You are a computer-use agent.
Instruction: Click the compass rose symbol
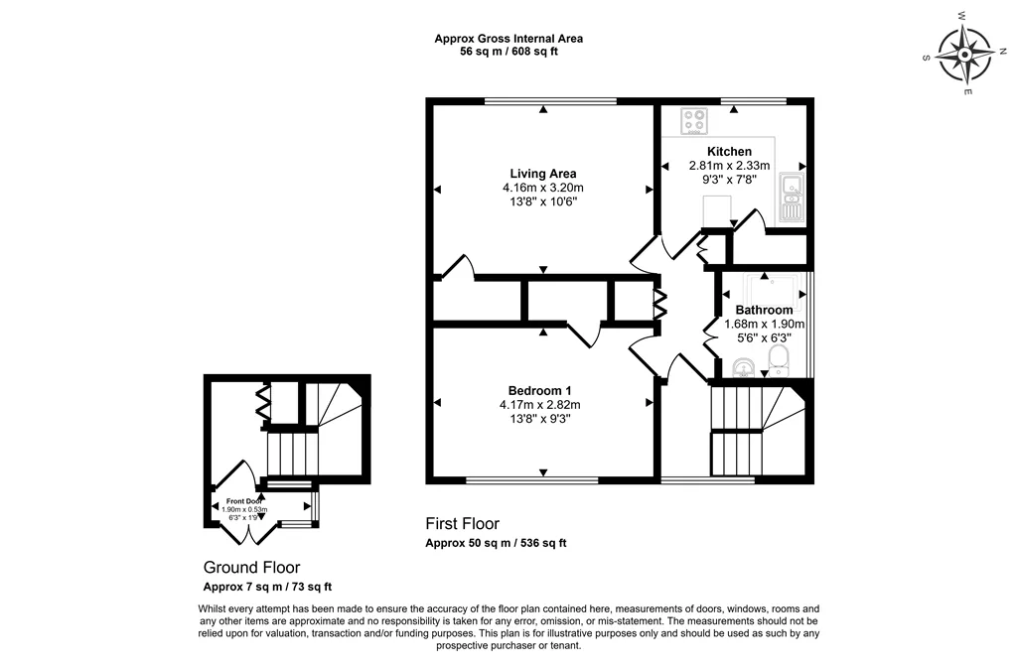[965, 55]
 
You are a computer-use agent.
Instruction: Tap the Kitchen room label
[729, 152]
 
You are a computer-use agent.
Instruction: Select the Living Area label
[543, 174]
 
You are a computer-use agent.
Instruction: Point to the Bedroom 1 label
[539, 391]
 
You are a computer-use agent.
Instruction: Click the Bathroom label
[764, 310]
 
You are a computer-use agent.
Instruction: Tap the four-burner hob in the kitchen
[694, 121]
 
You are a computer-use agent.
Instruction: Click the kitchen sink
[792, 198]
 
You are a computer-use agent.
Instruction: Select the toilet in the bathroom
[779, 361]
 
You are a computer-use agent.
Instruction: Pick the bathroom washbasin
[743, 367]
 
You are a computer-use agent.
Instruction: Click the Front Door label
[244, 501]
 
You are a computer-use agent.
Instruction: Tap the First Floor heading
[463, 524]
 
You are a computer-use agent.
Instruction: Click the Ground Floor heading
[251, 568]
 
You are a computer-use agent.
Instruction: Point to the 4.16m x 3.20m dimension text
[543, 188]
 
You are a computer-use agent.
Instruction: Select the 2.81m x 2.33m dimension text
[729, 166]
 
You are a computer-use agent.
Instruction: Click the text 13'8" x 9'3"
[539, 420]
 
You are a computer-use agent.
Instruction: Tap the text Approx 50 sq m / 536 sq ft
[496, 543]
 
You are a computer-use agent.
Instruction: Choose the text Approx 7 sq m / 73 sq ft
[267, 588]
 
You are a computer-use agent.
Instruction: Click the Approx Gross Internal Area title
[508, 39]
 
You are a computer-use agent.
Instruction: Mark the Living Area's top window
[550, 100]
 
